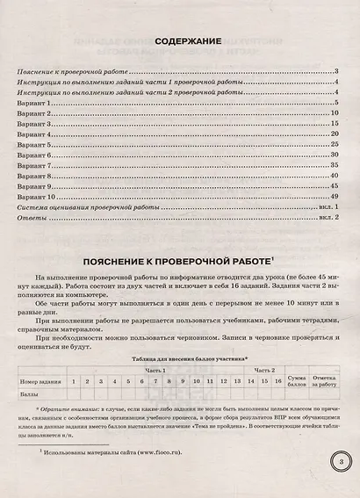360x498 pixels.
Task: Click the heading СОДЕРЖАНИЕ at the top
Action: point(180,40)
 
